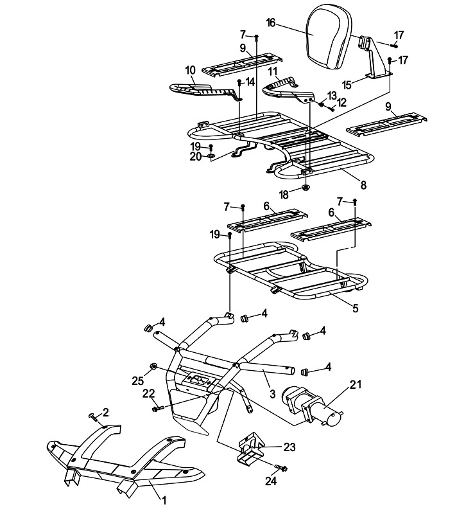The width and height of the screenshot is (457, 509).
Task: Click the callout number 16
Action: [270, 22]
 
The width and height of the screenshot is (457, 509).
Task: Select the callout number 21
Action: [356, 385]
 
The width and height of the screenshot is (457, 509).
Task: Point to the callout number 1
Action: [164, 499]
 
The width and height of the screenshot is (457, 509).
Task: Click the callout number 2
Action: [106, 411]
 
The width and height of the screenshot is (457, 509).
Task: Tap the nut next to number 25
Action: [154, 367]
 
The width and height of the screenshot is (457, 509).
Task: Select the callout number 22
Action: [148, 393]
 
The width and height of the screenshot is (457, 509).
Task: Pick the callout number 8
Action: [363, 185]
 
